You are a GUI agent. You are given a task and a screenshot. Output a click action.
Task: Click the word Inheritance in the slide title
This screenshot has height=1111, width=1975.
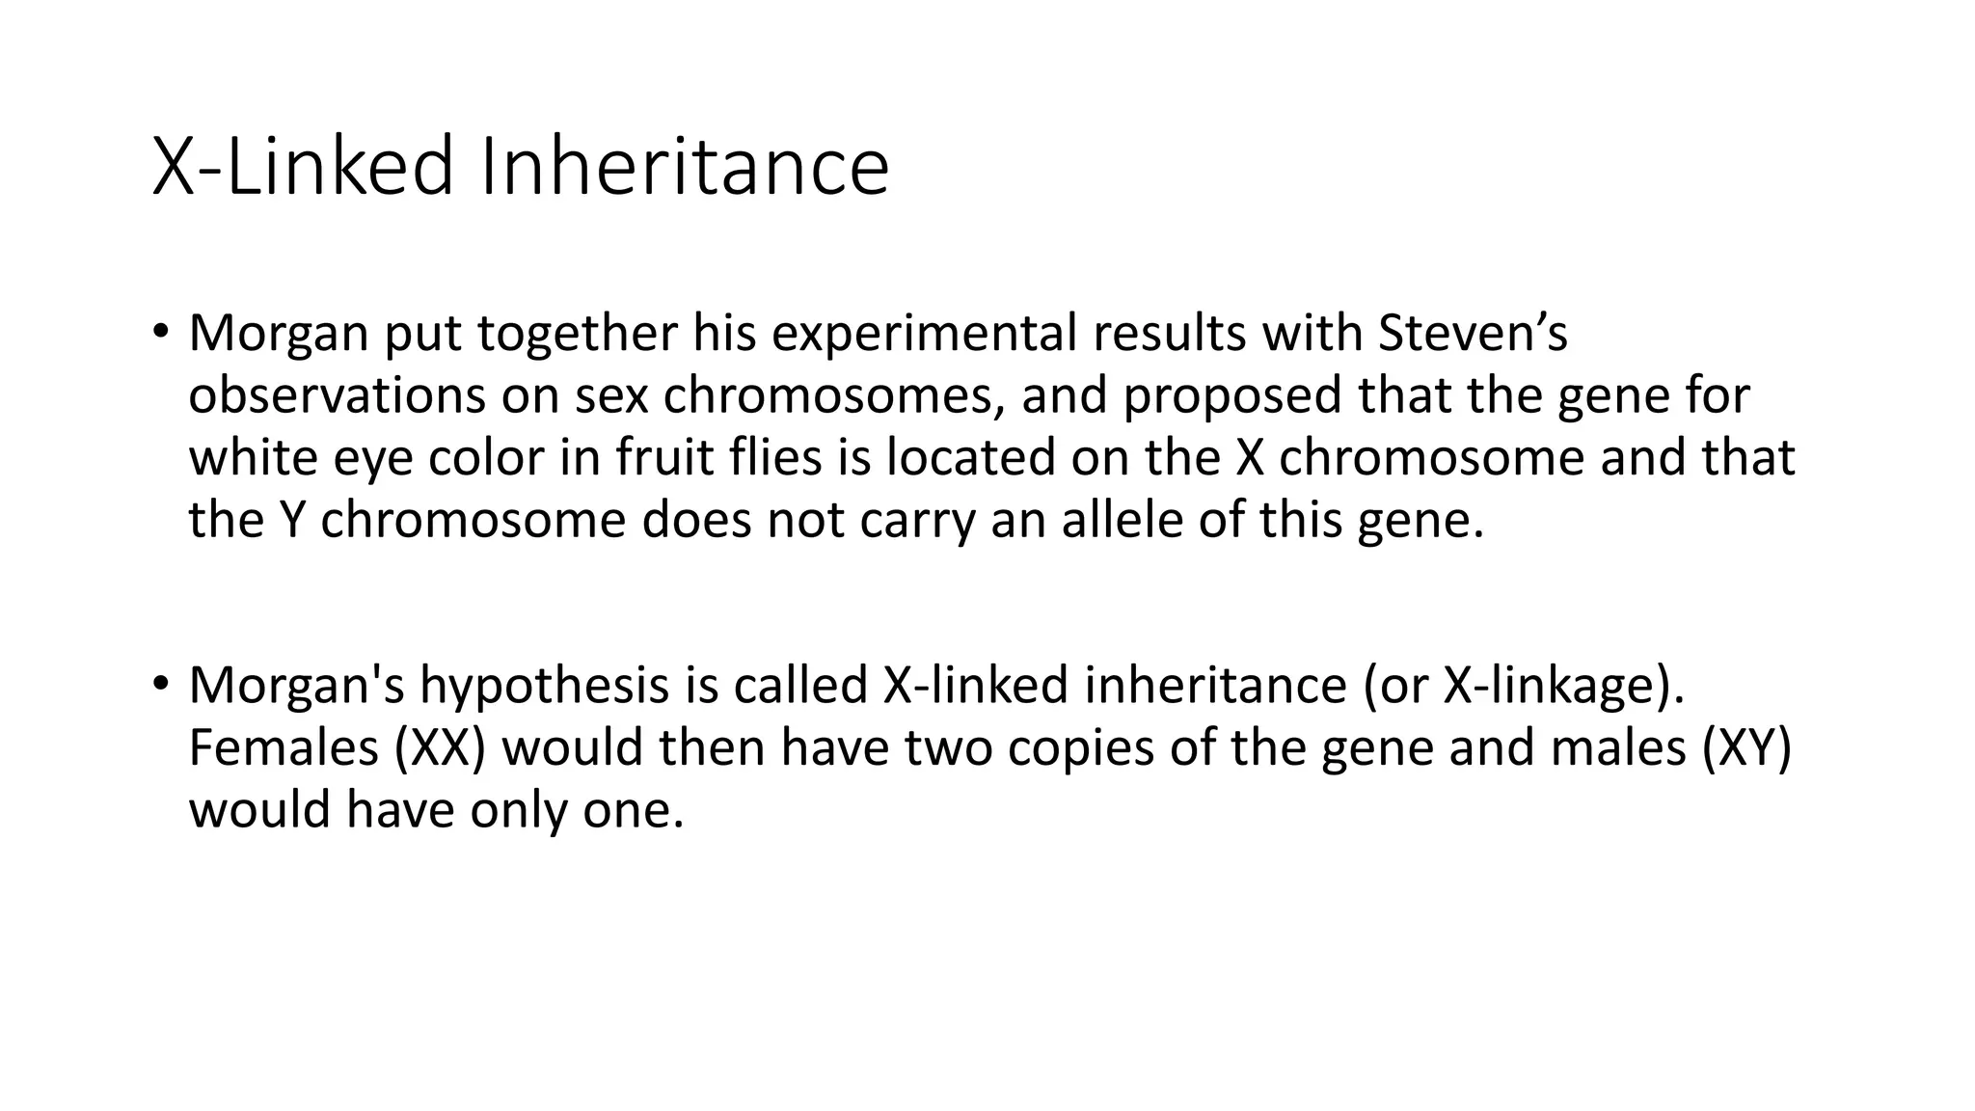(683, 167)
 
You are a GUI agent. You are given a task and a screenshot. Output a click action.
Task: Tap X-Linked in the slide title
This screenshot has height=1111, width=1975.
(302, 167)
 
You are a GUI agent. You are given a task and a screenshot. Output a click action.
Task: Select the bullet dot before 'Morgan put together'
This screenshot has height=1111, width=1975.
(160, 333)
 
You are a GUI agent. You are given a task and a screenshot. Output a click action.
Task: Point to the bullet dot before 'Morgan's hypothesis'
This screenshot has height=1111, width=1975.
(160, 685)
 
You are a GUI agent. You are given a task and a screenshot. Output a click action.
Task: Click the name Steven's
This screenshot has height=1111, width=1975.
(1473, 333)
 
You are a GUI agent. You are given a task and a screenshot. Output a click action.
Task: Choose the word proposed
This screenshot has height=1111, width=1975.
(1231, 395)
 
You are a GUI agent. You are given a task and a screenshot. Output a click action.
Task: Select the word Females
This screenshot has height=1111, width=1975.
(284, 747)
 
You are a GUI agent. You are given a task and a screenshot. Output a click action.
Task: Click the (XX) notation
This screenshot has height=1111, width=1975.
(440, 747)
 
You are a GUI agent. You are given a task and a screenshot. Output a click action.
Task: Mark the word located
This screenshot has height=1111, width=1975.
(970, 457)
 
